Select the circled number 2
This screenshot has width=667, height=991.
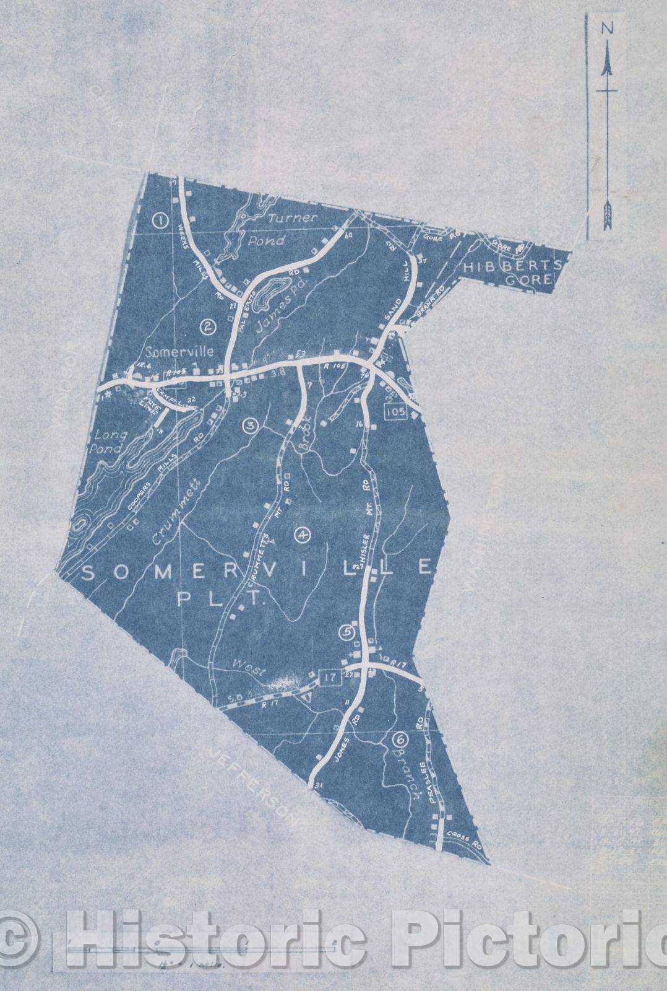[x=209, y=325]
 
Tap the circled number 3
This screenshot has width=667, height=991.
[x=250, y=426]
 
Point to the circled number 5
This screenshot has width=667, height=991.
[x=346, y=632]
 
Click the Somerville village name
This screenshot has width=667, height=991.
[x=180, y=352]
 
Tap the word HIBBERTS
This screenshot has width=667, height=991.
[x=509, y=265]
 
